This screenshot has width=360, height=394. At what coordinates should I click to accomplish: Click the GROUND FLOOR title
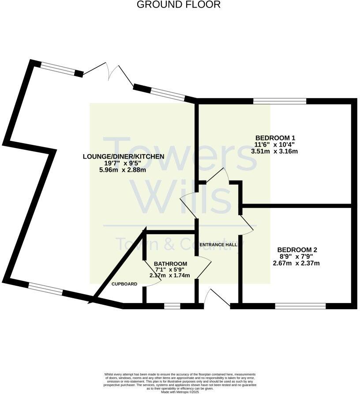[x=178, y=5]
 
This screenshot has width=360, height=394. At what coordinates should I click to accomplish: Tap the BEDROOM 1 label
[x=274, y=137]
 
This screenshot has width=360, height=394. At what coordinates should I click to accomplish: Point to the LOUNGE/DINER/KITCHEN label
[x=124, y=156]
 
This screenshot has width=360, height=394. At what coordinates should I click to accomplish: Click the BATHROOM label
[x=170, y=264]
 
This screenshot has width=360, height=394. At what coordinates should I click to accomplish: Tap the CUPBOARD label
[x=124, y=284]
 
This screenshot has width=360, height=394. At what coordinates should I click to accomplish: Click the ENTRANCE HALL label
[x=218, y=244]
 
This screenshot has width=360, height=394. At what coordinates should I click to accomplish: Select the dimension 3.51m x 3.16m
[x=274, y=151]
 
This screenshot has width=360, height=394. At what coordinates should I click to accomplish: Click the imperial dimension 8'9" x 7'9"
[x=296, y=257]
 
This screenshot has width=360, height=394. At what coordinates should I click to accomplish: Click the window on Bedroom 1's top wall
[x=280, y=101]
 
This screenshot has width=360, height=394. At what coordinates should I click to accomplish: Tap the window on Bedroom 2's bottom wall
[x=300, y=305]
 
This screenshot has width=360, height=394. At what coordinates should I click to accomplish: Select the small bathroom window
[x=172, y=305]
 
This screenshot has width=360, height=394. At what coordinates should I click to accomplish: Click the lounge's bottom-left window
[x=46, y=288]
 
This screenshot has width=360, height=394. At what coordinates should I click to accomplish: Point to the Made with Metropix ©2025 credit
[x=180, y=392]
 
